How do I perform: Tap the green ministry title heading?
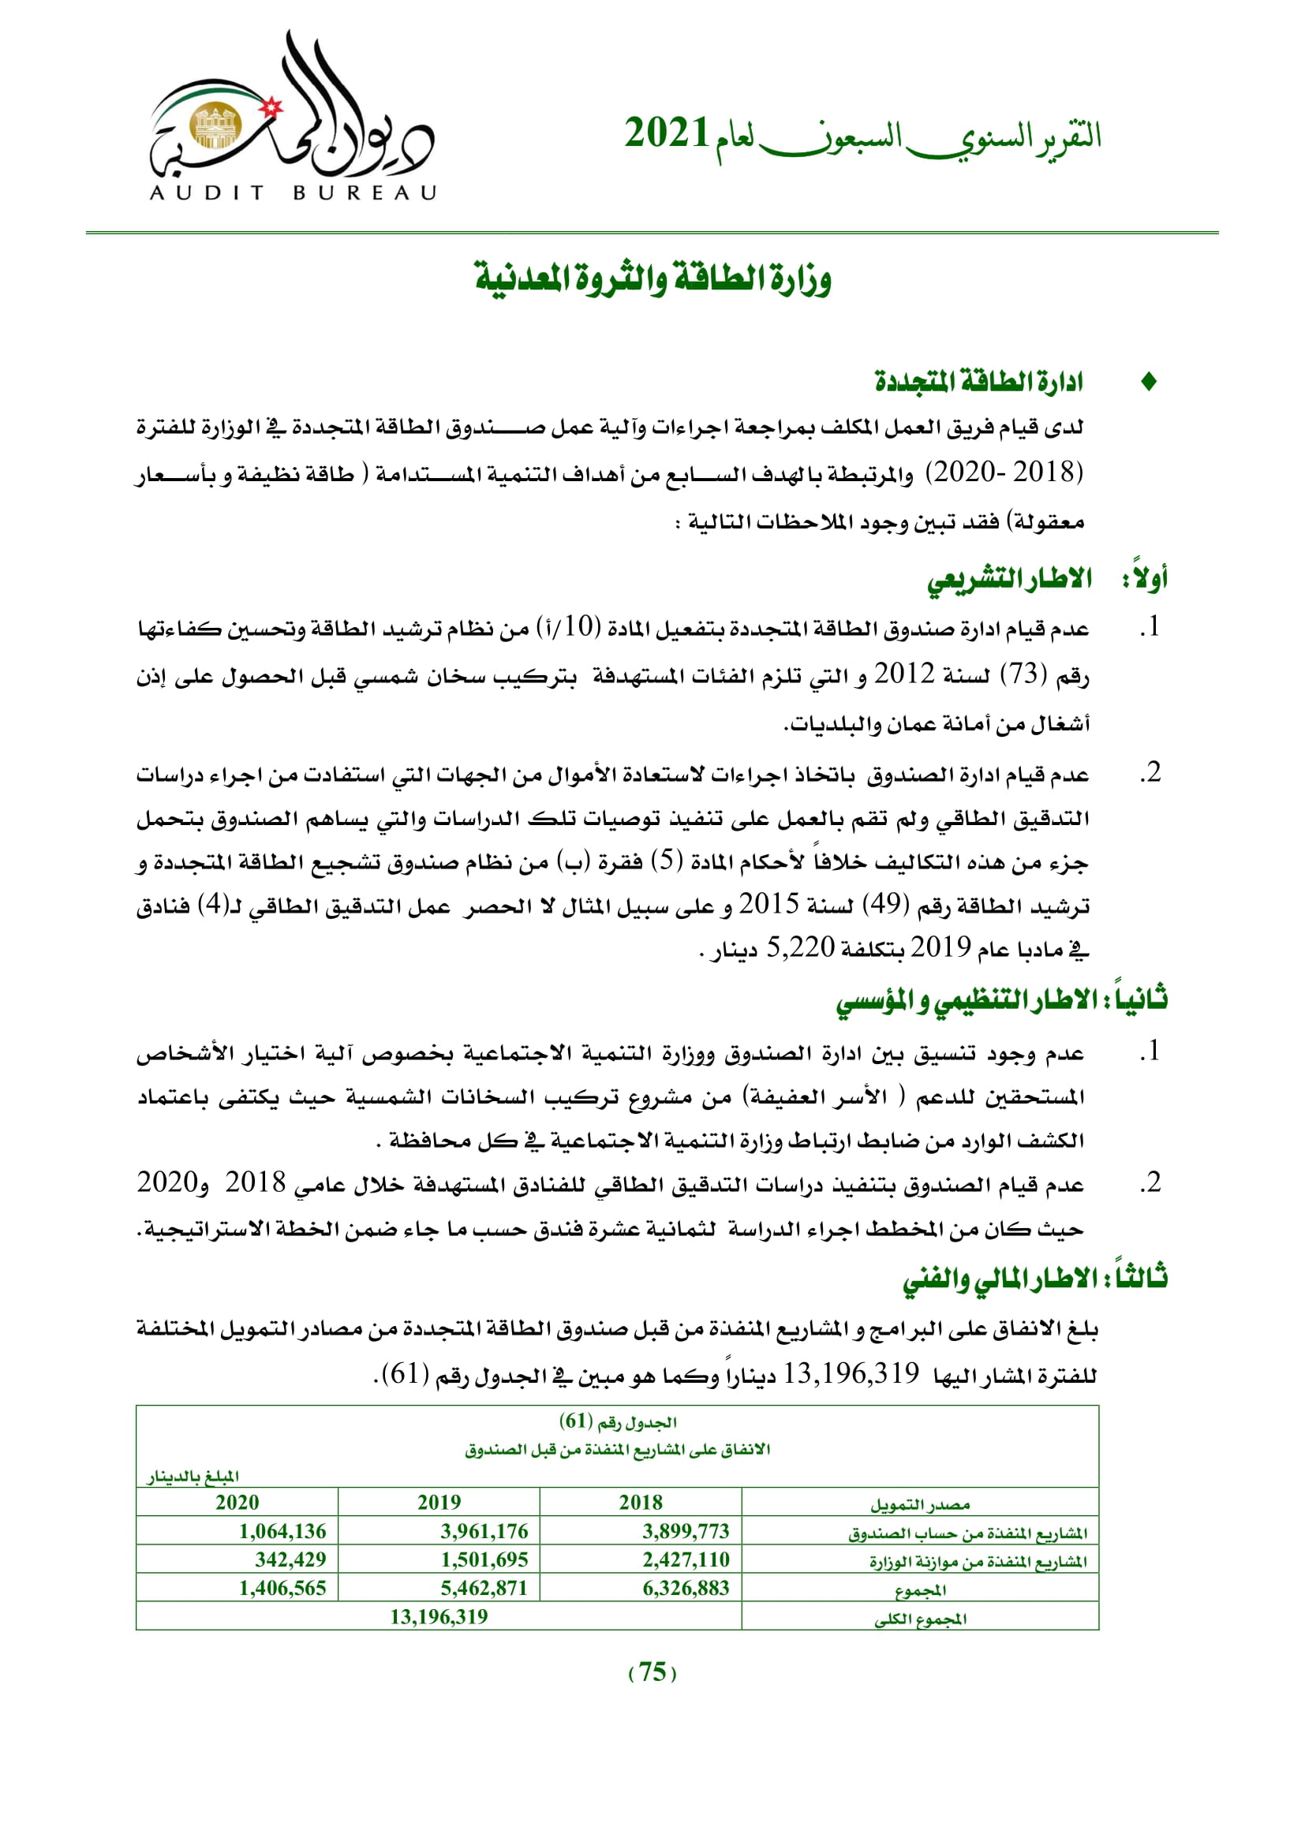[652, 278]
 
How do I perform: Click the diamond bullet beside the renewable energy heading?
[1148, 383]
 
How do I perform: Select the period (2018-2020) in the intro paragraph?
[1004, 472]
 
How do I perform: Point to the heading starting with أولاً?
[1047, 578]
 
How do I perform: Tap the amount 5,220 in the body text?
[800, 948]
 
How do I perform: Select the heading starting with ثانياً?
[1001, 1000]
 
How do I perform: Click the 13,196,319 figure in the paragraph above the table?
[851, 1373]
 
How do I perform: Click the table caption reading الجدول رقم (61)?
[617, 1421]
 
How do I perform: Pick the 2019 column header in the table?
[439, 1502]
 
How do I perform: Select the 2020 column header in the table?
[237, 1502]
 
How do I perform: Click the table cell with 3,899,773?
[686, 1531]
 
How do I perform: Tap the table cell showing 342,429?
[290, 1559]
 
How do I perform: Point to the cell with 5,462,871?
[484, 1588]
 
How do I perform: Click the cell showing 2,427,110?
[686, 1559]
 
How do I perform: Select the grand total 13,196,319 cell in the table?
[439, 1616]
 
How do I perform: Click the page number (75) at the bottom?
[652, 1671]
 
